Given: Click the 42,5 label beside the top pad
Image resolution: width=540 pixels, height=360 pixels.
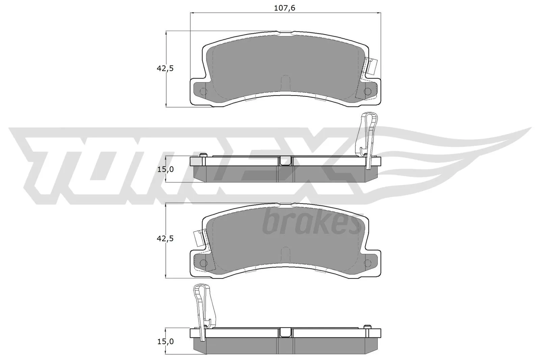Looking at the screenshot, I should click(165, 68).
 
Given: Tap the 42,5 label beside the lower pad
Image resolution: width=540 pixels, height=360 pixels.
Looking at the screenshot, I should click(165, 239).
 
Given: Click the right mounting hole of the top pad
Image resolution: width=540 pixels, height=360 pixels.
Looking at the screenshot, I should click(368, 91).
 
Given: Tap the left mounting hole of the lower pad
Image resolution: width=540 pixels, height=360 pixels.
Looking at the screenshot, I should click(203, 263).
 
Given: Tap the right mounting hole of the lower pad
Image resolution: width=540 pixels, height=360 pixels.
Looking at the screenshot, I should click(368, 263).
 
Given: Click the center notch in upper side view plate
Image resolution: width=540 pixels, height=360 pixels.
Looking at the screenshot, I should click(285, 161).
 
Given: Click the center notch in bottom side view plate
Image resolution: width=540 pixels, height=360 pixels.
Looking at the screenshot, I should click(285, 333).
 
